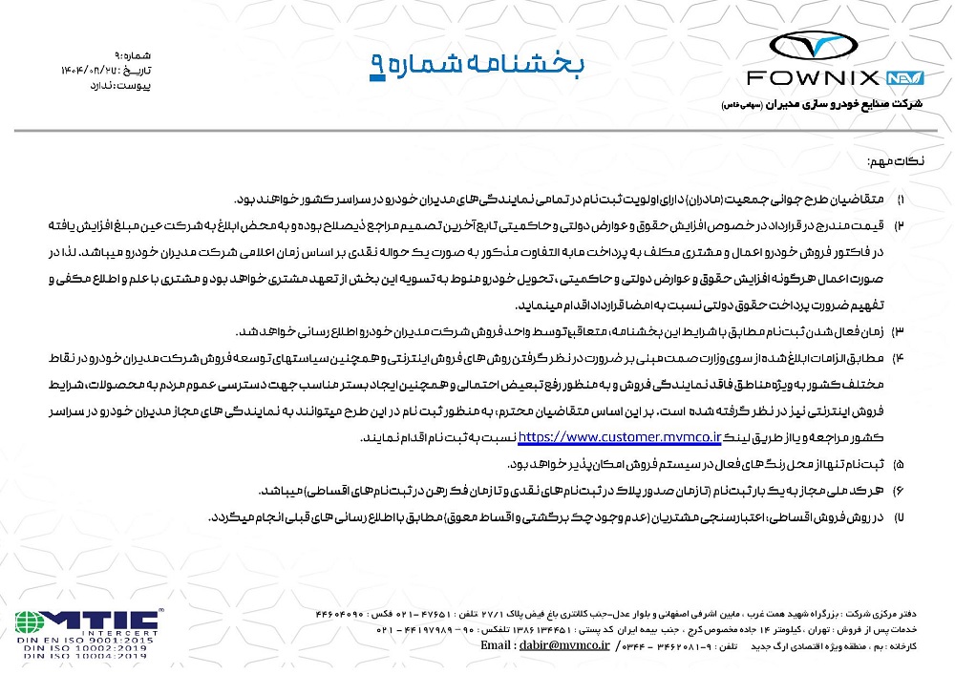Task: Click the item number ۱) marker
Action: [x=899, y=200]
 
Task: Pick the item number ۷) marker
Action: [x=899, y=517]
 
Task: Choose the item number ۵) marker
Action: [x=899, y=464]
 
